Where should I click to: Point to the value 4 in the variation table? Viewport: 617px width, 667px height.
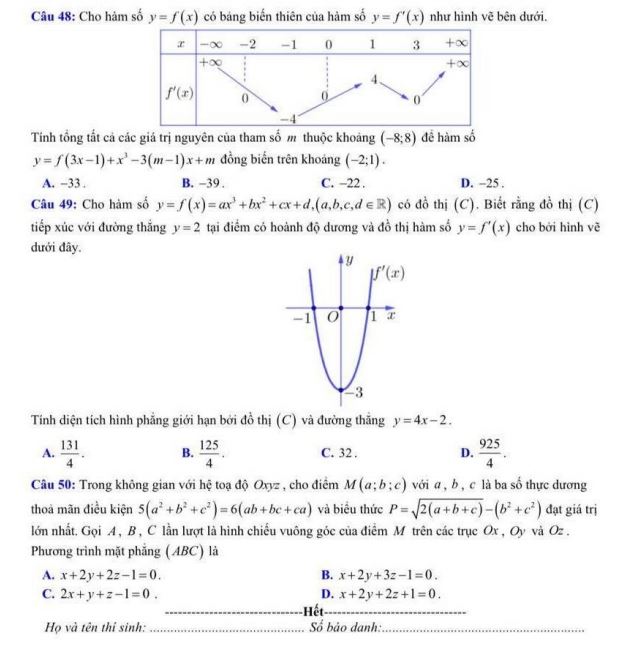coord(374,77)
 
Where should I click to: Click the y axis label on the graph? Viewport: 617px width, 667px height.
coord(350,262)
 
